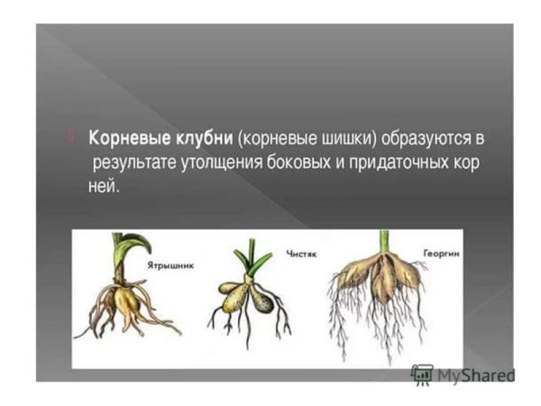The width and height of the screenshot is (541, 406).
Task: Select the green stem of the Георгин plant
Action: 384,241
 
